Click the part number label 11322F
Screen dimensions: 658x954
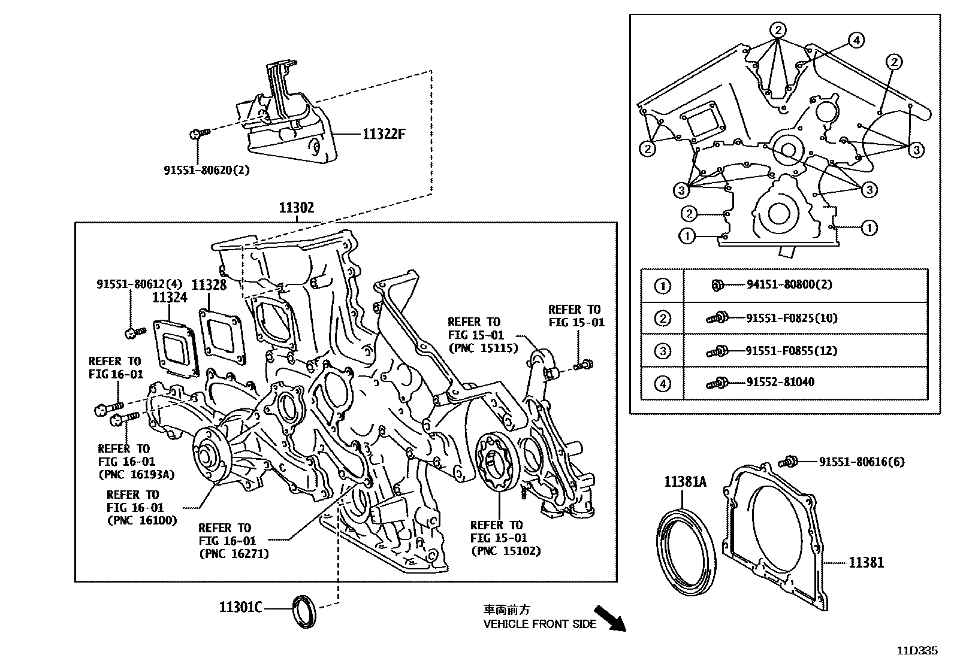click(x=384, y=134)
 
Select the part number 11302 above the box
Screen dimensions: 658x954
click(x=296, y=208)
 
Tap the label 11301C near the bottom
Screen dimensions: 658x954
click(x=240, y=608)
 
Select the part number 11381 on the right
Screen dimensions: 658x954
click(x=866, y=562)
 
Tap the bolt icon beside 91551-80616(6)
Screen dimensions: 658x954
click(x=789, y=462)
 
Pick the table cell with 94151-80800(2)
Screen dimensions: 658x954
click(x=789, y=285)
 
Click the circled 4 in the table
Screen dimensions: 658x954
click(x=662, y=383)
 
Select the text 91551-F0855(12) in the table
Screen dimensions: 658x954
click(x=791, y=350)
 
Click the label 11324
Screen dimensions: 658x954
click(x=169, y=298)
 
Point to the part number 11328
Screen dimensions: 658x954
click(x=209, y=286)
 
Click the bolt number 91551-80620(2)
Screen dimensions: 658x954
click(x=207, y=170)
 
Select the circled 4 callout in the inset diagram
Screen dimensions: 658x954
click(x=856, y=40)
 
